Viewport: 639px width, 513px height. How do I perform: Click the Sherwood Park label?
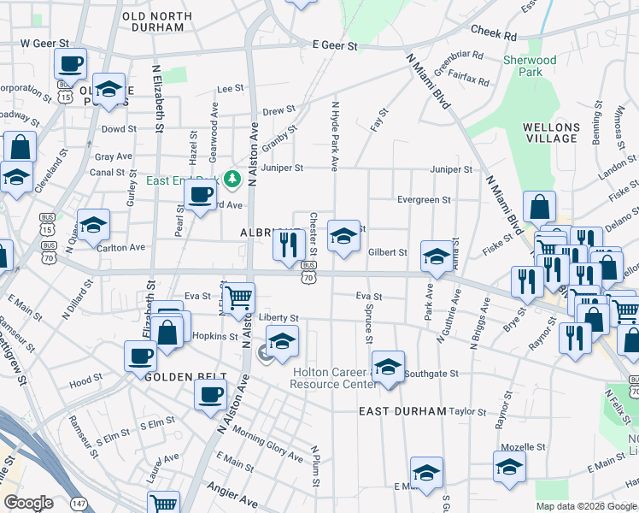pos(530,66)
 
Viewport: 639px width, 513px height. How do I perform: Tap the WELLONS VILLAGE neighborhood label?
pos(551,133)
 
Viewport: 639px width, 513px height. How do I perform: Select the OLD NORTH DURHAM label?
pos(153,21)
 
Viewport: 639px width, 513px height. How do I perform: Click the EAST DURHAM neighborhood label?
pos(402,411)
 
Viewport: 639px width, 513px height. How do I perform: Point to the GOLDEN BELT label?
pos(185,377)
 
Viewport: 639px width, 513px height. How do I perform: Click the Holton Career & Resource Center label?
pos(334,378)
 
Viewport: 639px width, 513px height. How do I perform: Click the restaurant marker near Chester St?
pos(289,245)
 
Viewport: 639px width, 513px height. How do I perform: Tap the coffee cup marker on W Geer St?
pos(71,62)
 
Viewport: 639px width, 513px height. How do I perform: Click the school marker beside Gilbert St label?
pos(436,257)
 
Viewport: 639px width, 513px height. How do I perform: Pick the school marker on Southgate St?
pos(388,368)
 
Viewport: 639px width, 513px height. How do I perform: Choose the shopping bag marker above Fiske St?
pos(540,206)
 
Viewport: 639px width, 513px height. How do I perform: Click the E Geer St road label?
pos(334,45)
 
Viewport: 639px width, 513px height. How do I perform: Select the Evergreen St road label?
pos(424,200)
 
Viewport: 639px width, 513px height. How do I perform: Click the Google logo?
pos(29,503)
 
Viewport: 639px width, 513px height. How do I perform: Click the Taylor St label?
pos(467,411)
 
